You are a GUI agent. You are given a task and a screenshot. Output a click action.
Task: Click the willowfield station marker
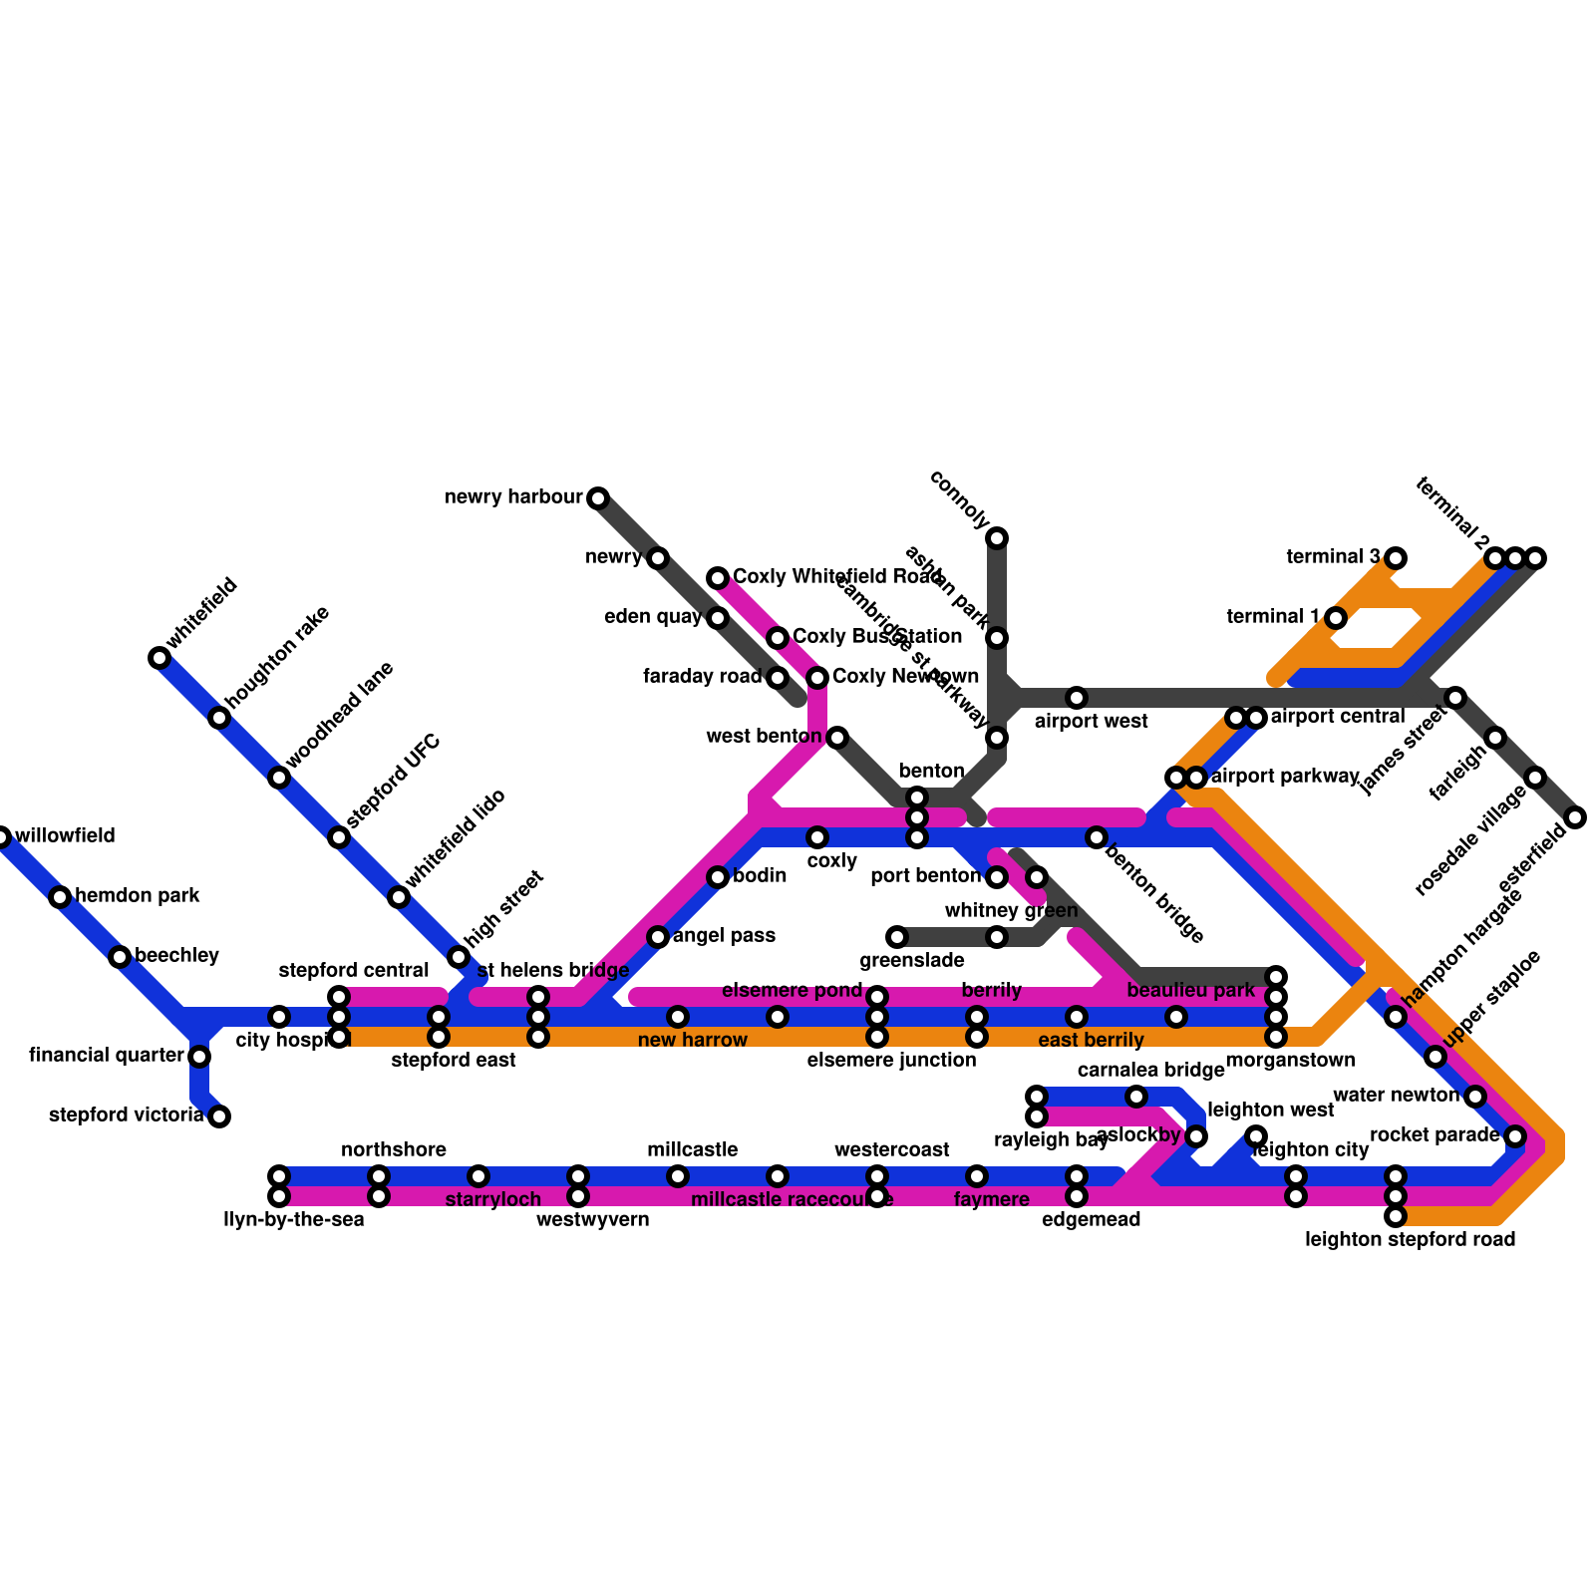coord(2,837)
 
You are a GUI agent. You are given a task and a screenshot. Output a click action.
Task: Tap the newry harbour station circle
coord(597,498)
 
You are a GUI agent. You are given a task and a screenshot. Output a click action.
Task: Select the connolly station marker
coord(997,538)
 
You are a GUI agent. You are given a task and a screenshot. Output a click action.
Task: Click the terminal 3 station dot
coord(1396,557)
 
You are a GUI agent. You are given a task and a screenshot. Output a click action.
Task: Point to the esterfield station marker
coord(1575,817)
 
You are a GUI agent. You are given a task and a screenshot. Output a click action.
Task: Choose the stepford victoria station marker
coord(219,1116)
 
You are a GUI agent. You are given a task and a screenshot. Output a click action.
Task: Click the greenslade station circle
coord(897,937)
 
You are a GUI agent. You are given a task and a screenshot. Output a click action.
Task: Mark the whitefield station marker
coord(159,658)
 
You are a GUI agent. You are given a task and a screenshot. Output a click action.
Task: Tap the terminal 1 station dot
coord(1336,618)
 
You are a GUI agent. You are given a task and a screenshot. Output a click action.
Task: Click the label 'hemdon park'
coord(138,896)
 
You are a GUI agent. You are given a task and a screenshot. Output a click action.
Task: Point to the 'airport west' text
coord(1092,721)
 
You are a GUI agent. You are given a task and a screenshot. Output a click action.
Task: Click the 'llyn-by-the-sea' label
coord(294,1220)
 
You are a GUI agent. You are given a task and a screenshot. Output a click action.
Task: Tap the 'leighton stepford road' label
coord(1410,1240)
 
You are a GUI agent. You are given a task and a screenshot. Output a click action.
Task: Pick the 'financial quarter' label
coord(107,1055)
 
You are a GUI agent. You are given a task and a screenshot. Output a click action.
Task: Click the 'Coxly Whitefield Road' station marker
coord(718,578)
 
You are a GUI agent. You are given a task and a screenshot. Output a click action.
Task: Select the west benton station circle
coord(837,738)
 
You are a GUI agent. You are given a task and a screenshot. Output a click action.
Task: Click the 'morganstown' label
coord(1290,1060)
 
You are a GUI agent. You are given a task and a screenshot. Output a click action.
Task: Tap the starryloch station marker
coord(478,1176)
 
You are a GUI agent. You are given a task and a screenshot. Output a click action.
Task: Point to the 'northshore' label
coord(394,1150)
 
